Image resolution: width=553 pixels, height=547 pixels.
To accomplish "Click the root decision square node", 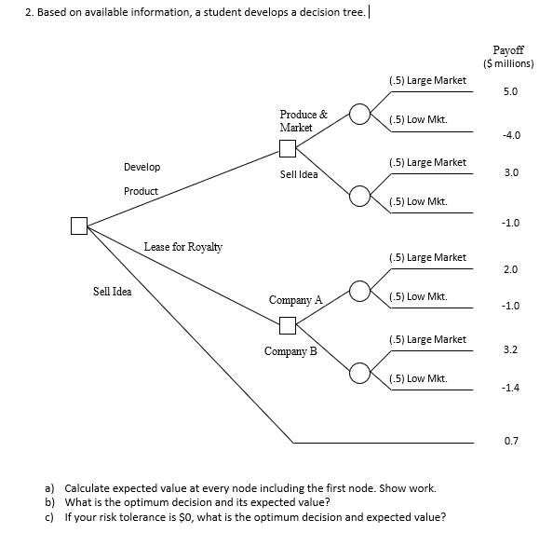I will [79, 225].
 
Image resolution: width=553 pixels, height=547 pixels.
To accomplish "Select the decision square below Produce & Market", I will [288, 147].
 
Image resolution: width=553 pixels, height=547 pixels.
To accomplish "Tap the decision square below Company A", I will [288, 324].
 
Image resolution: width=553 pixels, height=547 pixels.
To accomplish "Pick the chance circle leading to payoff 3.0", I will [357, 195].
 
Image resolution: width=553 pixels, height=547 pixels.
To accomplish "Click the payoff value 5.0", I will [510, 92].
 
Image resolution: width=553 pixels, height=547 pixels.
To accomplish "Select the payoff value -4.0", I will [509, 134].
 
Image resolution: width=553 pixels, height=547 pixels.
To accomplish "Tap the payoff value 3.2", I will [510, 349].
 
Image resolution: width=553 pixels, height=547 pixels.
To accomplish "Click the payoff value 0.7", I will [510, 440].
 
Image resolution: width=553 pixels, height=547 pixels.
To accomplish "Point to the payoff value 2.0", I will [510, 269].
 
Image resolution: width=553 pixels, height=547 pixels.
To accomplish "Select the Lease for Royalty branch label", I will [182, 247].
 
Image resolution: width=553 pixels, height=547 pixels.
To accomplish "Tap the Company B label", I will [290, 351].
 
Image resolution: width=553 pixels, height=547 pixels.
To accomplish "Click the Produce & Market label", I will [303, 120].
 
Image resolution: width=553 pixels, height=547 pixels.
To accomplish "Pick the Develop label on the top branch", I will [142, 167].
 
